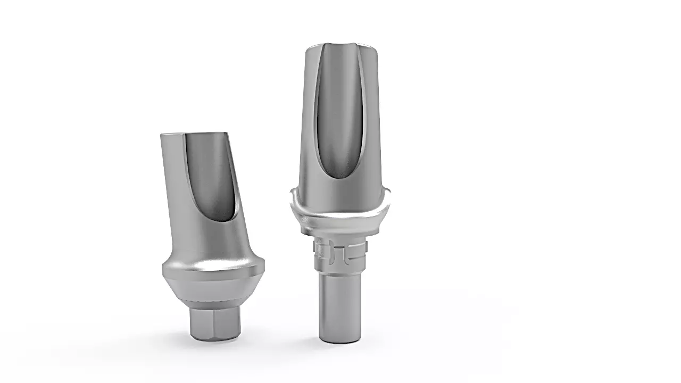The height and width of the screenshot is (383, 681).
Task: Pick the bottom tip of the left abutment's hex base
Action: (x=215, y=338)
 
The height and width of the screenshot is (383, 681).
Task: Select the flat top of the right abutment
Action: (x=340, y=48)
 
